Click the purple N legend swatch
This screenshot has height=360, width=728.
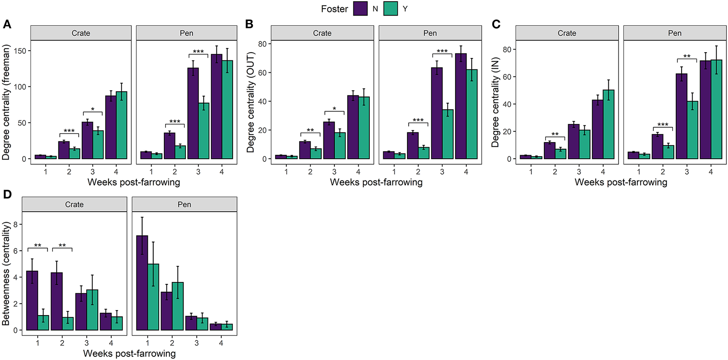(360, 9)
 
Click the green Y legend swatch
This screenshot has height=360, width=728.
(391, 9)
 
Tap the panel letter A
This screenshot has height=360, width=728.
(7, 25)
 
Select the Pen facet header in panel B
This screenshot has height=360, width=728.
(430, 33)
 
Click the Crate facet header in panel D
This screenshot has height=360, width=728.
(74, 205)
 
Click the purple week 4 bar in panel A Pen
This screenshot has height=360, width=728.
(217, 107)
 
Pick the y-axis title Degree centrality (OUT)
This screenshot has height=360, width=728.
(251, 102)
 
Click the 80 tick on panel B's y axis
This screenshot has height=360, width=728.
(262, 44)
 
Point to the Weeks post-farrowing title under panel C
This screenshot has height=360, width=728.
(620, 182)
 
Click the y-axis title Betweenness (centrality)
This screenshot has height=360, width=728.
(6, 273)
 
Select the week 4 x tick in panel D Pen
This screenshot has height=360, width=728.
(221, 343)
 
